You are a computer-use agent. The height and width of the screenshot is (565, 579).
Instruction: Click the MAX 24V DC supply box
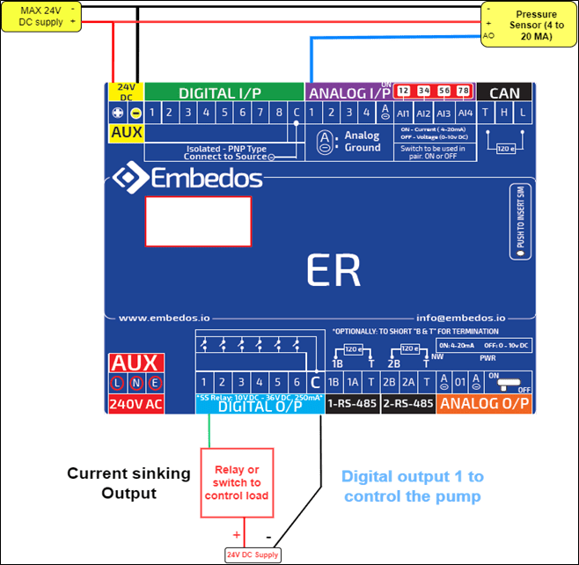coord(42,16)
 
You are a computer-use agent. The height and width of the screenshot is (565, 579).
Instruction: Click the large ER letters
coord(334,271)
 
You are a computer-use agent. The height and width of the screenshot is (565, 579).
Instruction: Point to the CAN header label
coord(504,92)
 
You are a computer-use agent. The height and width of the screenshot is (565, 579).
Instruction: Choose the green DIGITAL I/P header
coord(220,92)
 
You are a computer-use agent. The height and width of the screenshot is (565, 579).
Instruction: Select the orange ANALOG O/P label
coord(485,404)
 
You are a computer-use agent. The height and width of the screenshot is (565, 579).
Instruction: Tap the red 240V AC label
coord(135,404)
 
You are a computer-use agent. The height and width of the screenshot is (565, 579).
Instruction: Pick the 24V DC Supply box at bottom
coord(253,554)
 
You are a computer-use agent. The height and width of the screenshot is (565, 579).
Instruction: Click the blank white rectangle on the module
coord(197,221)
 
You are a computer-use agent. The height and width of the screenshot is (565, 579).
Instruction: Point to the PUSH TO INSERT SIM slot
coord(520,224)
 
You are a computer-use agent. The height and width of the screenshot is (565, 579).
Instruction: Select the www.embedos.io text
coord(157,318)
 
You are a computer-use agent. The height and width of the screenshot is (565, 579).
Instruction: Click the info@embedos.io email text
coord(460,318)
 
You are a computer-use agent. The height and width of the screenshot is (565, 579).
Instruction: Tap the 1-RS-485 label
coord(352,404)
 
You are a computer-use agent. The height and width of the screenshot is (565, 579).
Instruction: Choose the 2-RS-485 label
coord(408,404)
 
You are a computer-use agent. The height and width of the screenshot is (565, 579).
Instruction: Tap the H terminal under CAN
coord(505,113)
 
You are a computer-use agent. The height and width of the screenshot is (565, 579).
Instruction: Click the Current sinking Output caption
coord(128,483)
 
